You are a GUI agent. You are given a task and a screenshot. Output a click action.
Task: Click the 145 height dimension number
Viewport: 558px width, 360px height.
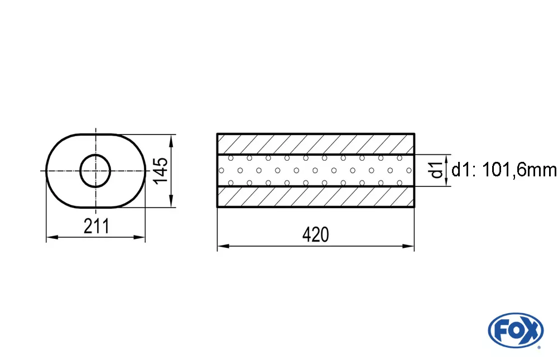(x=160, y=170)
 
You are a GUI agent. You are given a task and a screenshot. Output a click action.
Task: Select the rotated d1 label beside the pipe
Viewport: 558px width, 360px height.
(x=437, y=170)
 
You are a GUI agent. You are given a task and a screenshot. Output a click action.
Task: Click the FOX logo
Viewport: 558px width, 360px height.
(x=515, y=329)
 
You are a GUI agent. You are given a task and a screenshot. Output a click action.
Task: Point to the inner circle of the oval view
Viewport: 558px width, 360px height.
(x=95, y=170)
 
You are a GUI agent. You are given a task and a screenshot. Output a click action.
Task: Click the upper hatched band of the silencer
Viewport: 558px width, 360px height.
(x=315, y=144)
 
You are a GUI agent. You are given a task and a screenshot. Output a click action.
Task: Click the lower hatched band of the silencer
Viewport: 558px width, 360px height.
(x=315, y=196)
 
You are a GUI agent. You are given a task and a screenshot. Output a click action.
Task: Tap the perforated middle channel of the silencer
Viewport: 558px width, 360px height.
(x=315, y=170)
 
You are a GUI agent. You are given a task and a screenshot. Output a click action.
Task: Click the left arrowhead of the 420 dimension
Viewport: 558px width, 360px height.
(x=220, y=245)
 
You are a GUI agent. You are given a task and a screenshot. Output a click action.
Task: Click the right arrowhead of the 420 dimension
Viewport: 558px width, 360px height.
(x=411, y=245)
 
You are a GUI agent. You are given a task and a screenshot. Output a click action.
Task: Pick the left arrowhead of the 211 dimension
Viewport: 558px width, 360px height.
(x=49, y=238)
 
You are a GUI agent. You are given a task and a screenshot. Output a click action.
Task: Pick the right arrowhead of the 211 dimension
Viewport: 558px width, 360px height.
(x=142, y=238)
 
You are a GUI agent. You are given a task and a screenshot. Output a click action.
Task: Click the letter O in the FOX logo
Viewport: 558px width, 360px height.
(x=516, y=330)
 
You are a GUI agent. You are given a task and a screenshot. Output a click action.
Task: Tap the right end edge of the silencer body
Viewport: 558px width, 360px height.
(x=414, y=170)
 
